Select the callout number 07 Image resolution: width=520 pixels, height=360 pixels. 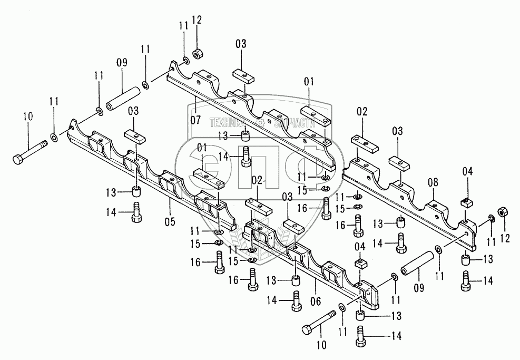pyautogui.click(x=195, y=119)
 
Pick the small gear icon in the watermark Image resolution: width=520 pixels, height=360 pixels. pyautogui.click(x=259, y=122)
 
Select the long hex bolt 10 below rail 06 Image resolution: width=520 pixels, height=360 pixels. pyautogui.click(x=319, y=323)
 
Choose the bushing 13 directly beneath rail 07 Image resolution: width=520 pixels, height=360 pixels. pyautogui.click(x=246, y=137)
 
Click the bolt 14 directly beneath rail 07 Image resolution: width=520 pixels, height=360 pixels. pyautogui.click(x=246, y=156)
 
